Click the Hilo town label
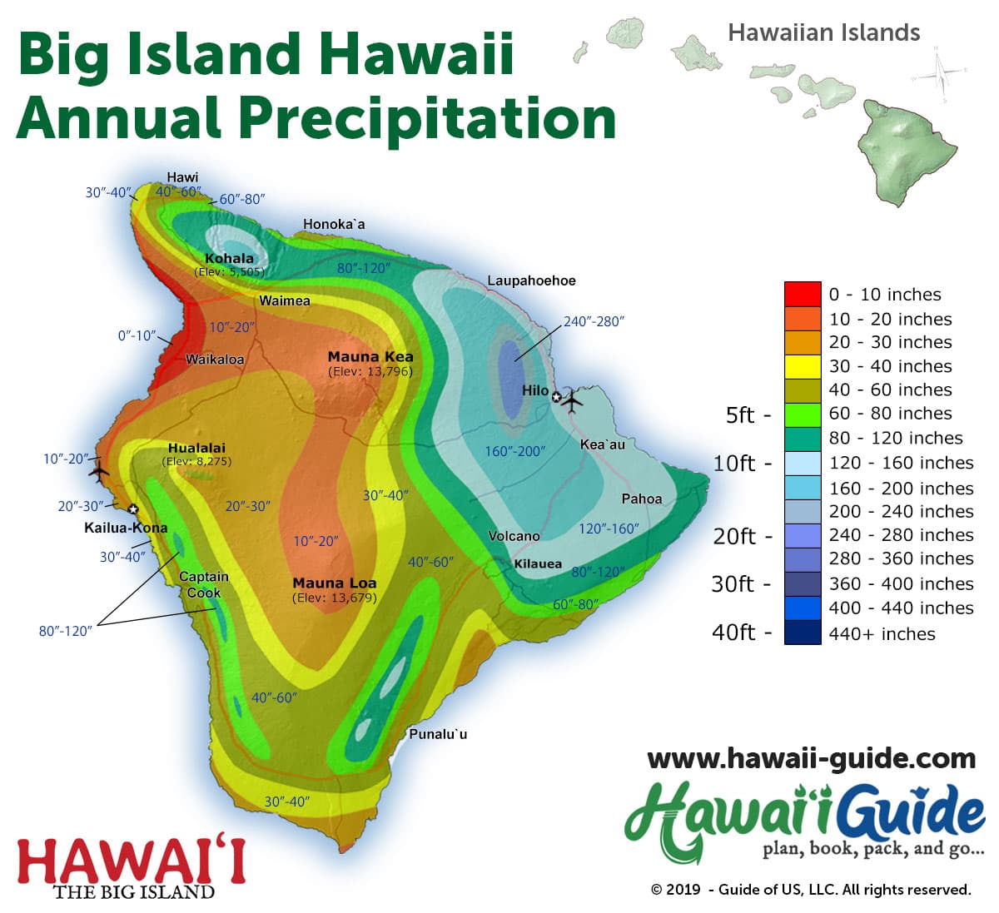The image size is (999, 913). point(534,390)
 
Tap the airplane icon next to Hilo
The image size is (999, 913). point(573,400)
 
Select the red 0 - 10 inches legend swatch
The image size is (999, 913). point(802,295)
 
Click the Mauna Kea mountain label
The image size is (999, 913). point(370,356)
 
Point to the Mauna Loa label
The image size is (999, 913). point(334,583)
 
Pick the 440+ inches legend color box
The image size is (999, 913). point(802,633)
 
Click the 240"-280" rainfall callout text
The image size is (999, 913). point(594,321)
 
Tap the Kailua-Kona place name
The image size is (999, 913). point(126,528)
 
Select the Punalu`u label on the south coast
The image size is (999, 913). point(438,734)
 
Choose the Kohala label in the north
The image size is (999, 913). point(229,258)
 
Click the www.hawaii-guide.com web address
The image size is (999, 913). point(811,758)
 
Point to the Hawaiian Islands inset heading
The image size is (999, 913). point(823,32)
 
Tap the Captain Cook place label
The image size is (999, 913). point(204,584)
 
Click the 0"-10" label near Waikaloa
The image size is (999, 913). point(137,335)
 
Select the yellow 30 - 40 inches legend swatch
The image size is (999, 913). point(802,366)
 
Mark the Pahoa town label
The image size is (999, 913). point(642,499)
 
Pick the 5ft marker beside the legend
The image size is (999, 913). point(740,414)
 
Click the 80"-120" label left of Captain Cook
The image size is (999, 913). point(65,631)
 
